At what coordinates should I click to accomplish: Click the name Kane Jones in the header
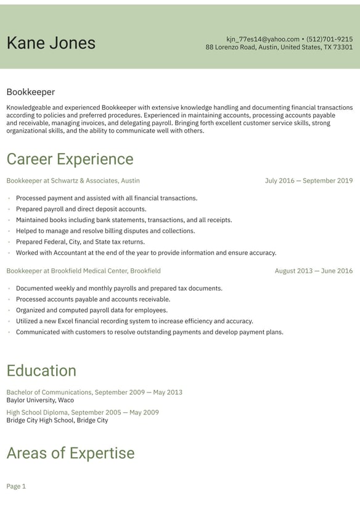51,43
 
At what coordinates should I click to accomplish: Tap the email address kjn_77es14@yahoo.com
263,39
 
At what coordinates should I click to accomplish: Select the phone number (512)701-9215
329,39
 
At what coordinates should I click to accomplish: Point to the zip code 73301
343,48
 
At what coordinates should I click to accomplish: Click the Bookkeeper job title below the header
31,92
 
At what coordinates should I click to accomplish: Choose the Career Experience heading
70,159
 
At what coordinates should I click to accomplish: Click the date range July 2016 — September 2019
309,181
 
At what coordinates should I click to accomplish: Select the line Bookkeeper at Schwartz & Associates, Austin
73,181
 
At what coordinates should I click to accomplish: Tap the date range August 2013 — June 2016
314,271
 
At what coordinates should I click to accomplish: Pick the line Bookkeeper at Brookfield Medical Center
83,271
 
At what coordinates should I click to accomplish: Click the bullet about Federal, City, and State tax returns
80,242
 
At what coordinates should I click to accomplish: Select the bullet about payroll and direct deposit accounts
81,209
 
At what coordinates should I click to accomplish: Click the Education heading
41,371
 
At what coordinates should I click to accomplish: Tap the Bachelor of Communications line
94,392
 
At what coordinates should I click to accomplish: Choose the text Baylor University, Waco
40,400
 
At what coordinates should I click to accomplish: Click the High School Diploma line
83,413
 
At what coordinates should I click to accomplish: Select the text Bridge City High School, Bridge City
57,421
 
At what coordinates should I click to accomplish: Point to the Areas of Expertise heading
70,453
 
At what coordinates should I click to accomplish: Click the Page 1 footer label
16,487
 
